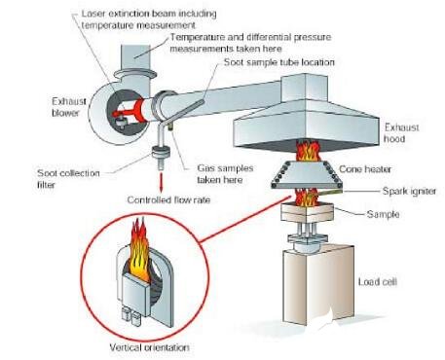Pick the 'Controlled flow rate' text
coord(170,200)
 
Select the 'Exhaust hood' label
coord(402,131)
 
